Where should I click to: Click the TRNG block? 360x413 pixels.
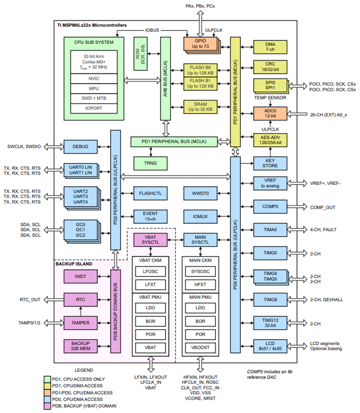150,163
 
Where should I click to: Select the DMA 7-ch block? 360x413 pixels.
270,47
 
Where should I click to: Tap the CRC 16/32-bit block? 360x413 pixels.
270,67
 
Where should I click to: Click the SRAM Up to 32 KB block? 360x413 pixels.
200,107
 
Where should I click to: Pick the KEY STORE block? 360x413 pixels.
270,163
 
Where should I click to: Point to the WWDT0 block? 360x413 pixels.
200,194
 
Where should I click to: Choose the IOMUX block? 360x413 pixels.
200,217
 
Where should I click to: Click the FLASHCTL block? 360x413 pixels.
150,194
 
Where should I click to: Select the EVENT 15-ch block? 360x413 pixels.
150,217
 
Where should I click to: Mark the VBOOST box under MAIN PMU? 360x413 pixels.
200,347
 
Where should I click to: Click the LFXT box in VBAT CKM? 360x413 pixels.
150,284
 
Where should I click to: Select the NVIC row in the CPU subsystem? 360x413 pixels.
94,78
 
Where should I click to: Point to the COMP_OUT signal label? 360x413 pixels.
322,207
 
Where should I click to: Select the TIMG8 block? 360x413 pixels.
270,299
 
